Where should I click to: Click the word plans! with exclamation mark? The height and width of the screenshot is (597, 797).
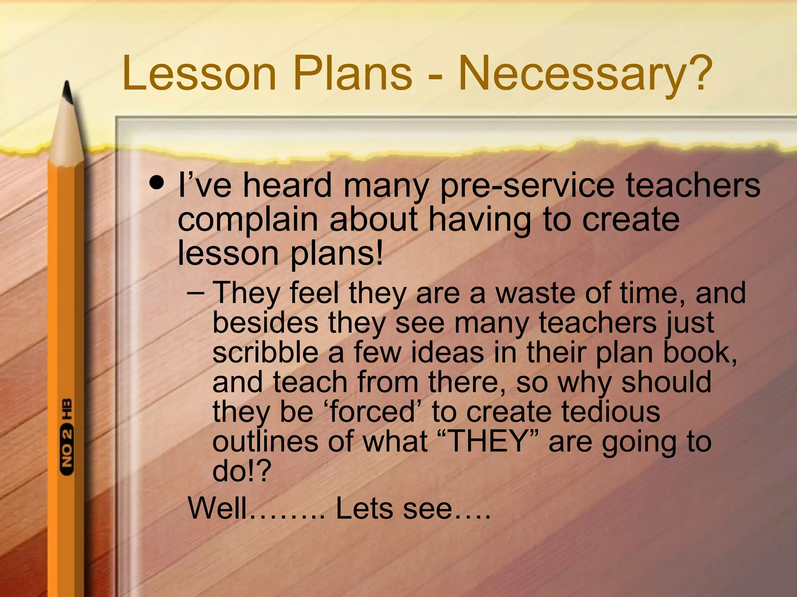[337, 253]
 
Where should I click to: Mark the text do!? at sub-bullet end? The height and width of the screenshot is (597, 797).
[241, 471]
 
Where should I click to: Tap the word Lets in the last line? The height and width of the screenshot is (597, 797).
[364, 508]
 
